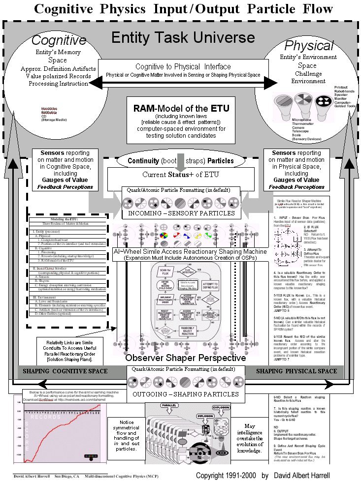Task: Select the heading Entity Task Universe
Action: [x=180, y=38]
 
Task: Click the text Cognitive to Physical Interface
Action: [x=183, y=66]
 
